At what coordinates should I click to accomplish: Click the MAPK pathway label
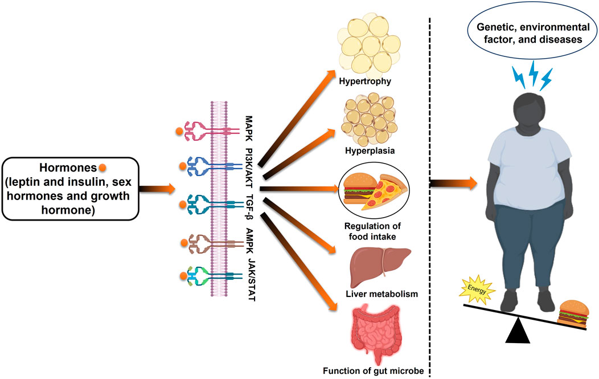click(249, 129)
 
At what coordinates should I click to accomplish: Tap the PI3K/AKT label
click(249, 168)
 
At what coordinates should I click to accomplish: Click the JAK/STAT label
click(251, 280)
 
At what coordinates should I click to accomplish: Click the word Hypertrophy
click(365, 81)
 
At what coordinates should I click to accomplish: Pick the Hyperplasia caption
click(370, 150)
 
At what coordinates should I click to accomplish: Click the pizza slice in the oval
click(385, 193)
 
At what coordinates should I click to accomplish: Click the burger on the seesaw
click(572, 313)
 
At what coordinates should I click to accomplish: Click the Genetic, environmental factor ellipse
click(533, 33)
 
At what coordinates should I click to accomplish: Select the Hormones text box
click(70, 189)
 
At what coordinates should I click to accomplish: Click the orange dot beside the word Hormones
click(102, 168)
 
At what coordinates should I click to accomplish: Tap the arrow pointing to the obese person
click(453, 184)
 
